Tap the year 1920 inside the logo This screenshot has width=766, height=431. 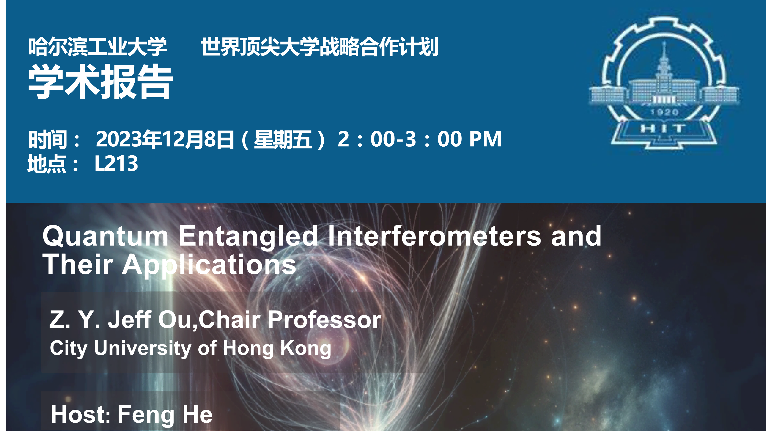pyautogui.click(x=664, y=112)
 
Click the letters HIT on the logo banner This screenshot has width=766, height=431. pyautogui.click(x=663, y=129)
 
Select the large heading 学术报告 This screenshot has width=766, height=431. pyautogui.click(x=100, y=82)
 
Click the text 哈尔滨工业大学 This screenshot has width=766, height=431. pyautogui.click(x=97, y=47)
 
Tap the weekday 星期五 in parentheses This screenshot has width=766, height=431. pyautogui.click(x=283, y=139)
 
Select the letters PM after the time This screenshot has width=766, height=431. pyautogui.click(x=485, y=139)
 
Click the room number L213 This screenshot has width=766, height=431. pyautogui.click(x=116, y=164)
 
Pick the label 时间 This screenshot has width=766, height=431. pyautogui.click(x=48, y=139)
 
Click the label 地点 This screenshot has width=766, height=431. pyautogui.click(x=47, y=164)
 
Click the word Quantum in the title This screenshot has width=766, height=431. pyautogui.click(x=106, y=237)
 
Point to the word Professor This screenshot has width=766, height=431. pyautogui.click(x=324, y=320)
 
